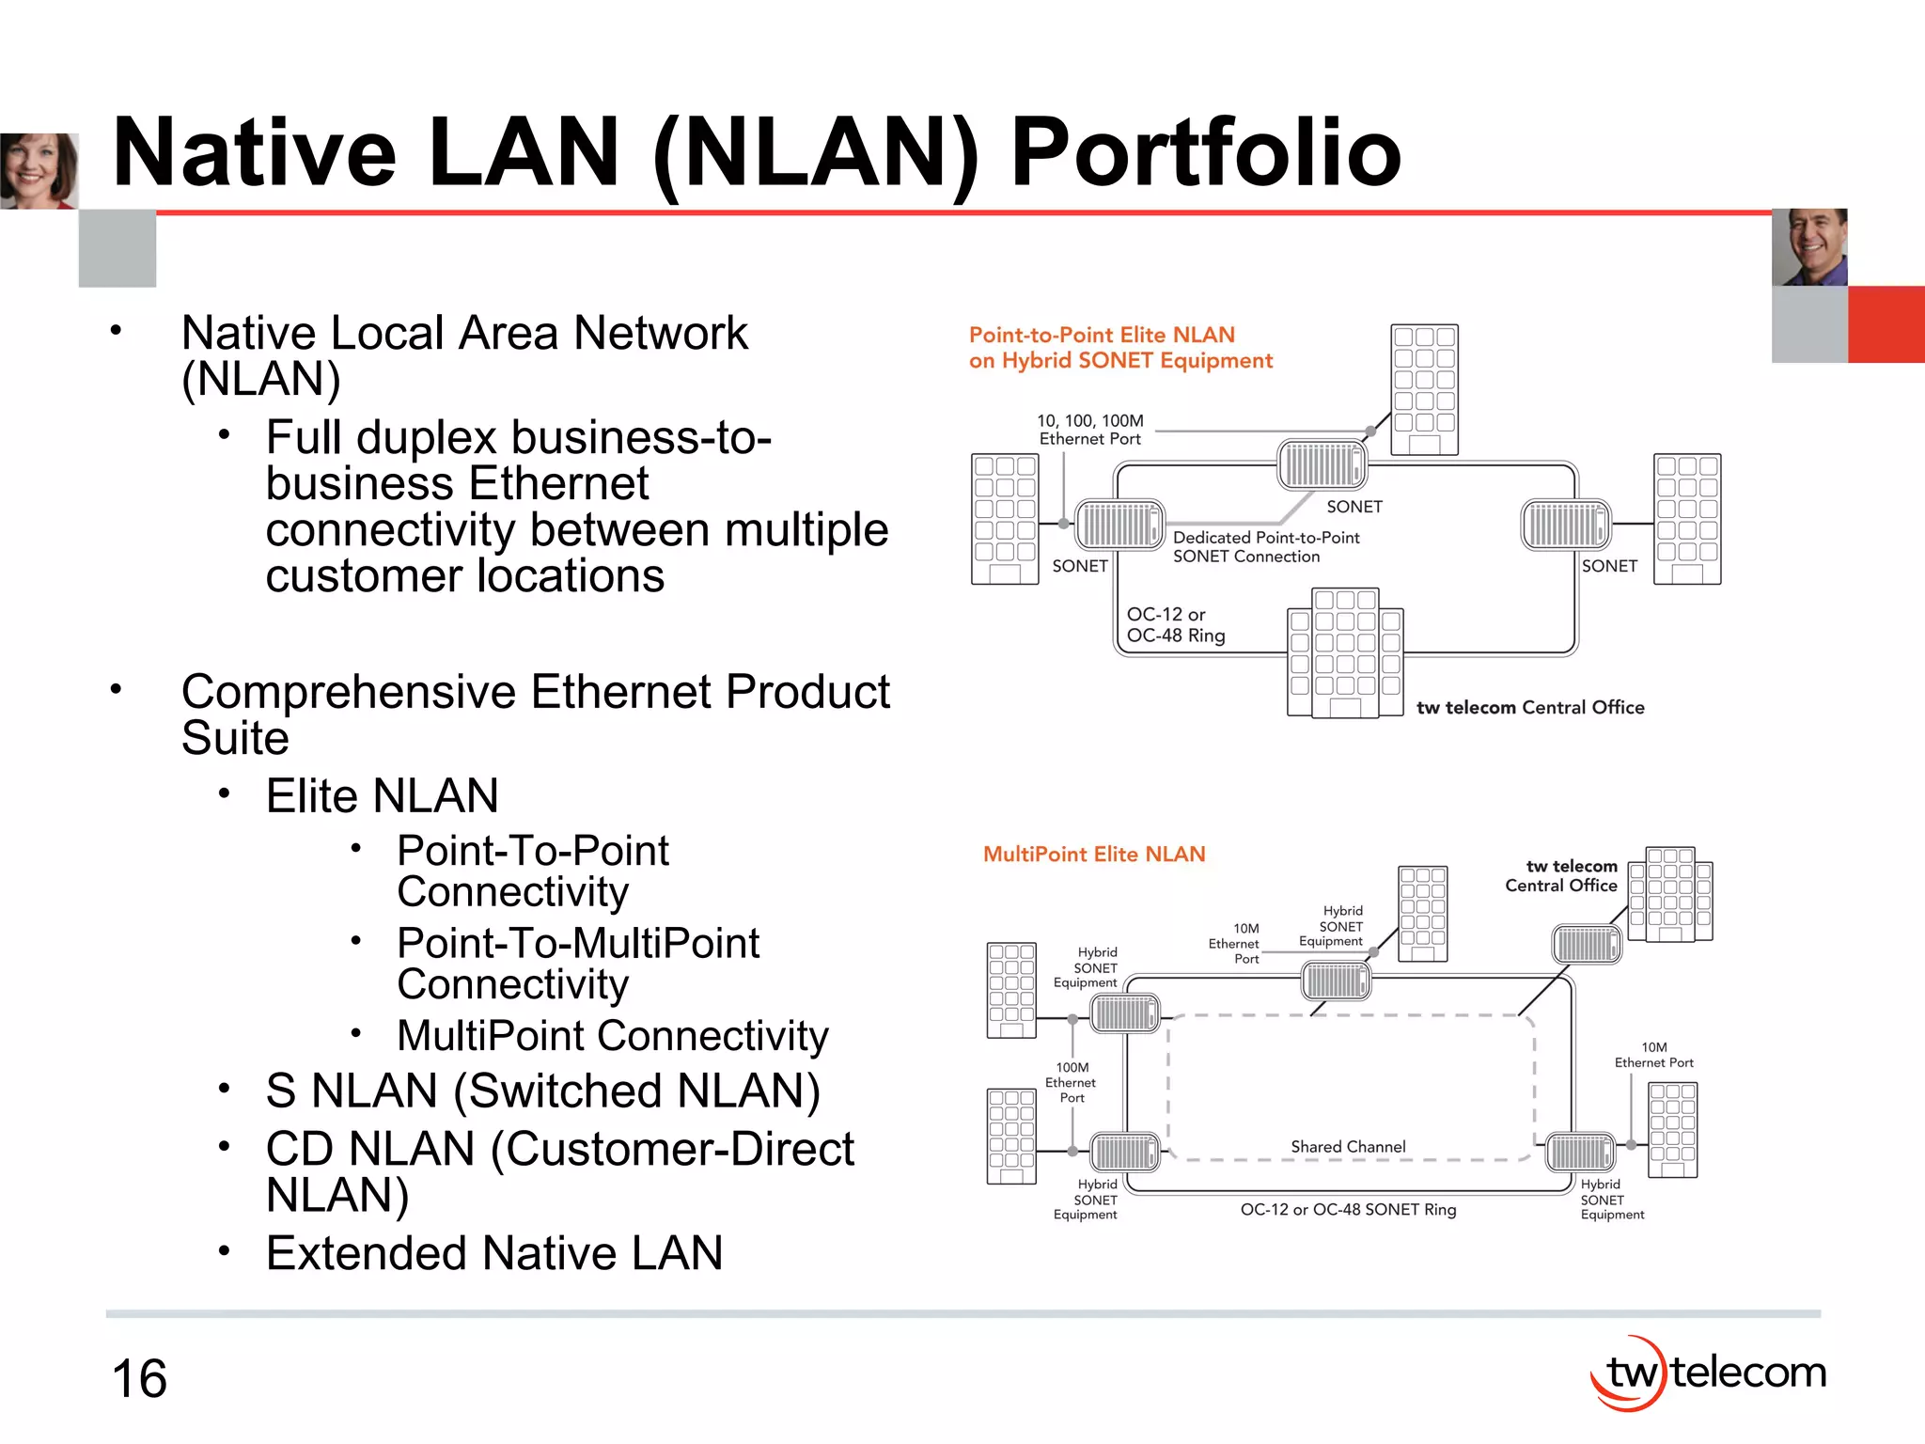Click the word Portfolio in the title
coord(1205,153)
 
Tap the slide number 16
coord(139,1378)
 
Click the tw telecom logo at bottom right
coord(1708,1373)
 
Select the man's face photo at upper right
coord(1809,246)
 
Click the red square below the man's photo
coord(1886,324)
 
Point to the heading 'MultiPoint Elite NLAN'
coord(1094,854)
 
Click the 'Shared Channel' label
coord(1348,1147)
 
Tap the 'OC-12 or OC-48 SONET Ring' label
coord(1348,1210)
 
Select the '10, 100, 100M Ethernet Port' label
coord(1090,430)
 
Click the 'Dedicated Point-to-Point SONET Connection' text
coord(1265,546)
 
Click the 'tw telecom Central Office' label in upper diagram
coord(1530,707)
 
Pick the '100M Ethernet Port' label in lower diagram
coord(1072,1082)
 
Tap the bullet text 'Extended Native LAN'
coord(494,1253)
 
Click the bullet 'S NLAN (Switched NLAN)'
coord(543,1091)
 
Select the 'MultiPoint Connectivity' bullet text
coord(613,1036)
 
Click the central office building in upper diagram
coord(1345,653)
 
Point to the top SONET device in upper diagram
coord(1322,464)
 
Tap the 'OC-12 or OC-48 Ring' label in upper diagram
coord(1175,624)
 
